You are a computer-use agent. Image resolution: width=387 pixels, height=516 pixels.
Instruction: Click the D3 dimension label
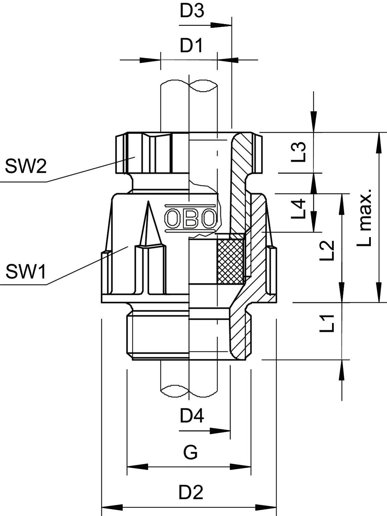click(x=192, y=11)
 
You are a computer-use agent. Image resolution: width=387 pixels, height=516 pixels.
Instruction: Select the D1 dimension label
click(x=191, y=46)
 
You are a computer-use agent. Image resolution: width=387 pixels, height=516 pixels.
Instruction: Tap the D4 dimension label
click(x=192, y=416)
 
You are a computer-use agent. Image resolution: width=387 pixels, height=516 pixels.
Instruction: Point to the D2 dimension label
click(x=191, y=492)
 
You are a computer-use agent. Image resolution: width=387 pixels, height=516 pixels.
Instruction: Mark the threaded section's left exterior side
click(x=130, y=335)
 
